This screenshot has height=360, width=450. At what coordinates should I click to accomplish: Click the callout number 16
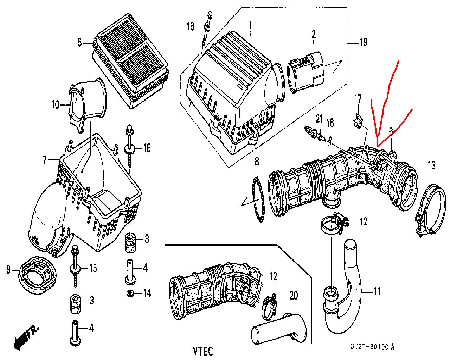[191, 27]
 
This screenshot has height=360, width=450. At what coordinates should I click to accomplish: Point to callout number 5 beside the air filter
[80, 43]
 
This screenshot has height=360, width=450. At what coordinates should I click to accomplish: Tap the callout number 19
[364, 42]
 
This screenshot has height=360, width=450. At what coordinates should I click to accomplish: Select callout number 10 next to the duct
[56, 104]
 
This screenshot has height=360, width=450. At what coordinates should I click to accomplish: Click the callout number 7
[45, 160]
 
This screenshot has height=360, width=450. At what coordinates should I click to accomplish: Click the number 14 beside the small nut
[147, 293]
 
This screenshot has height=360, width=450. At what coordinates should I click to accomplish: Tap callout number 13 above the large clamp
[432, 165]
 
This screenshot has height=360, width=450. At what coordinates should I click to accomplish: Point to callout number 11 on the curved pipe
[377, 291]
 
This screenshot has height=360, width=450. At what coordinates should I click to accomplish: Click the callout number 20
[294, 296]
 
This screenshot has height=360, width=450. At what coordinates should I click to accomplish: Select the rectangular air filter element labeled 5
[130, 61]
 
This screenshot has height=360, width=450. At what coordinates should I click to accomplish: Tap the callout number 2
[314, 34]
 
